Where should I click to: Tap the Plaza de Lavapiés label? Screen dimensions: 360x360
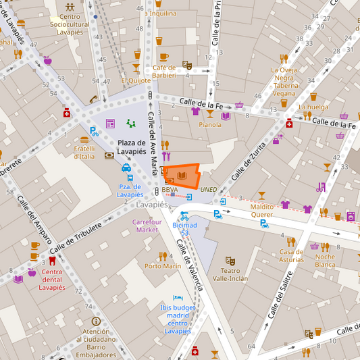pos(132,147)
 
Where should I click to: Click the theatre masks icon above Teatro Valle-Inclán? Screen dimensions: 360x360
pos(230,260)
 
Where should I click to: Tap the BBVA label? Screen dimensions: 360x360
pos(170,190)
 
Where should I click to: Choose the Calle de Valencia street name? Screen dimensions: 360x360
pos(189,264)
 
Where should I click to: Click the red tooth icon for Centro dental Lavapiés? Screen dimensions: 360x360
pos(52,260)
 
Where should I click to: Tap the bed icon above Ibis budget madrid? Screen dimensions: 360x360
pos(178,297)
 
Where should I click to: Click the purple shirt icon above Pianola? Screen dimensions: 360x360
pos(195,111)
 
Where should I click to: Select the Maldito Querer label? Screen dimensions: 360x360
pos(261,210)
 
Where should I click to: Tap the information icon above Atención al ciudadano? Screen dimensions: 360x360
pos(96,322)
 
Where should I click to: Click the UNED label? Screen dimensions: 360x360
pos(209,190)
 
